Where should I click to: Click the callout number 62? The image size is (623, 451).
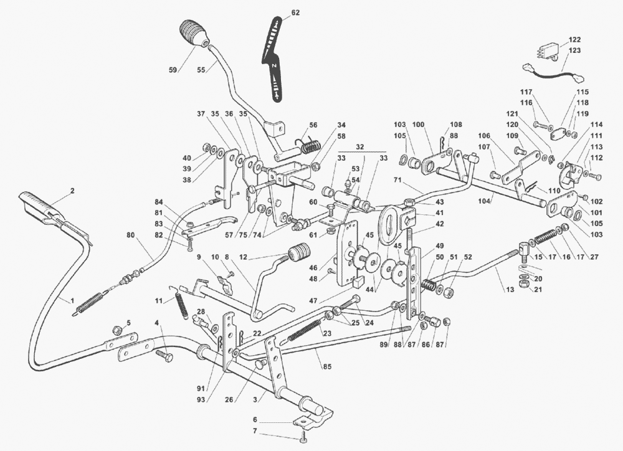pos(295,12)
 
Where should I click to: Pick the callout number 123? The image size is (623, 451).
pos(574,50)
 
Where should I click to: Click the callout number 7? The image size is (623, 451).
pos(254,431)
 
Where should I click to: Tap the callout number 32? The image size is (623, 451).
pos(359,146)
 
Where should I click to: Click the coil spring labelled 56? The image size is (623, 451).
pos(311,147)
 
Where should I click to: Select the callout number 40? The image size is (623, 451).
pos(188,158)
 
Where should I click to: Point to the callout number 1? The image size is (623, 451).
pos(72,300)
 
